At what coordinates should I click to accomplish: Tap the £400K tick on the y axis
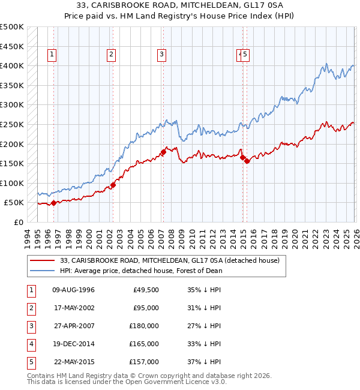(x=12, y=65)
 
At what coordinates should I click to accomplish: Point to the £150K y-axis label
(x=12, y=163)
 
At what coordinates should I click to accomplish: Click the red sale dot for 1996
(x=54, y=203)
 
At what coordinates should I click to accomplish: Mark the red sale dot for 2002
(x=113, y=185)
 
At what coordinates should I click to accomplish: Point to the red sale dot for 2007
(x=163, y=152)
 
